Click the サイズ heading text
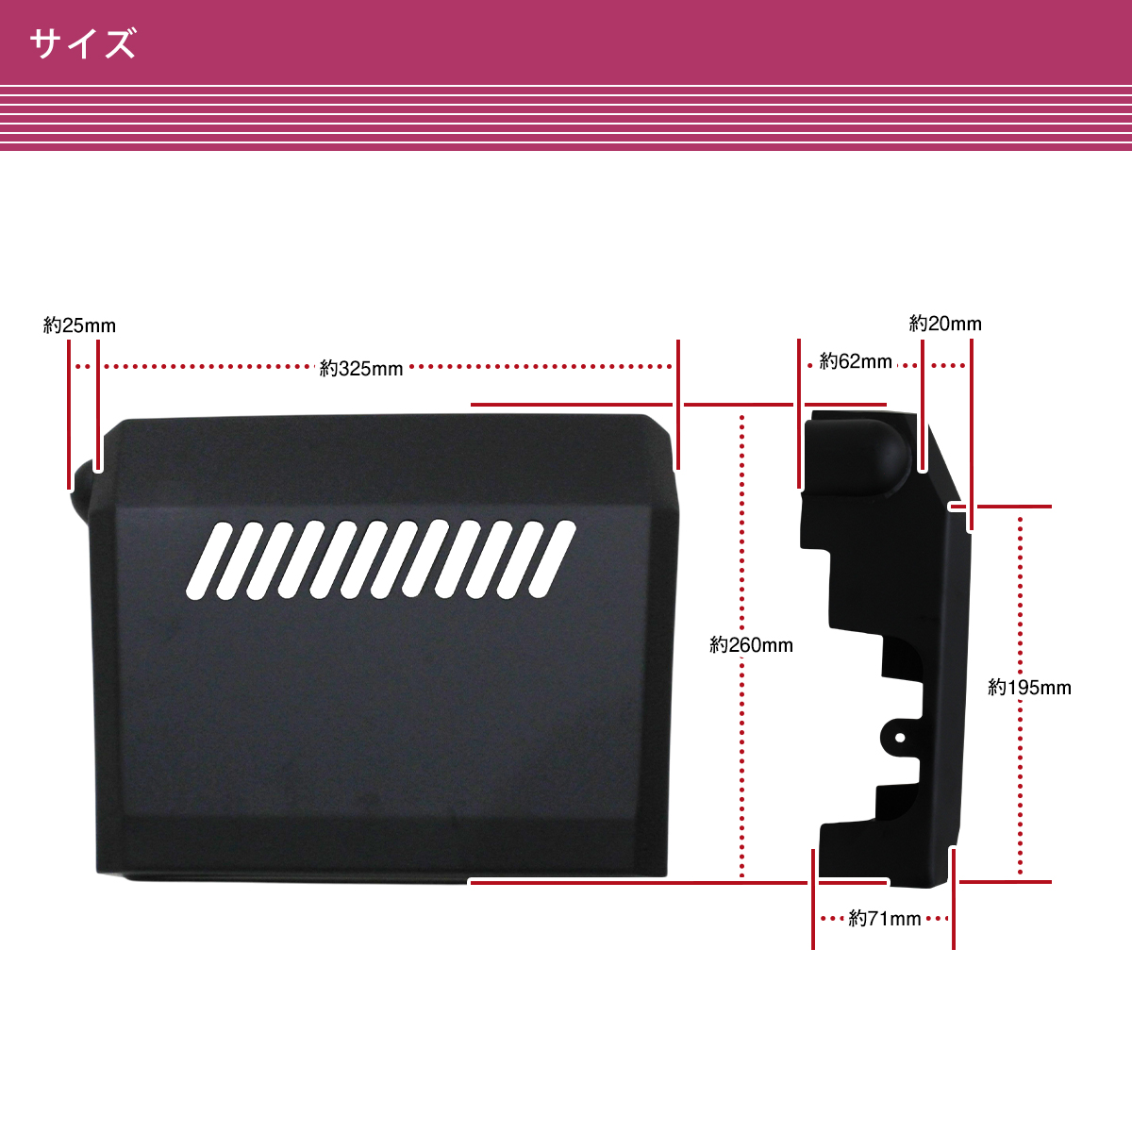(x=83, y=44)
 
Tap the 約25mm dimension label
(x=79, y=325)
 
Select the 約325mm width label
(x=361, y=369)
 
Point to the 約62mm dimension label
(x=856, y=361)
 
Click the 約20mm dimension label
(x=945, y=324)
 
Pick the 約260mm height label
(x=752, y=645)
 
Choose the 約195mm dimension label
(x=1029, y=688)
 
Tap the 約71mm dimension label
(x=884, y=918)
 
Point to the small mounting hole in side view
(x=900, y=737)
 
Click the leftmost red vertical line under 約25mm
(x=69, y=415)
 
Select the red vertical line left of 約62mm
(x=800, y=415)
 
